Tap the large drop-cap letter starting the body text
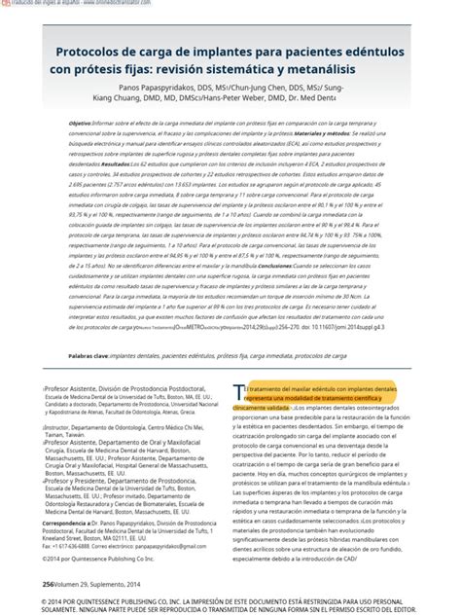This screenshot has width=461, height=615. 238,391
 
